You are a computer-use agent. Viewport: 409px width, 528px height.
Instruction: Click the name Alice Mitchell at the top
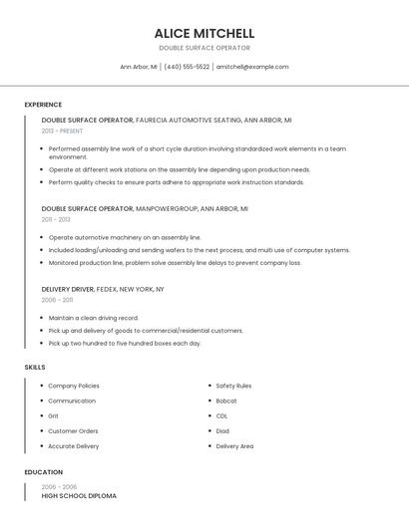click(x=204, y=33)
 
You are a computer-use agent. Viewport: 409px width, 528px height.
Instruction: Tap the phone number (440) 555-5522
click(x=187, y=67)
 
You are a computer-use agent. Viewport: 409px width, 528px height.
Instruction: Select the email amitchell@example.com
click(x=252, y=67)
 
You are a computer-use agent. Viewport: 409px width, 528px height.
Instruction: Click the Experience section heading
click(x=43, y=105)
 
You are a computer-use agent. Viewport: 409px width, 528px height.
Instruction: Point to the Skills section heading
click(x=35, y=368)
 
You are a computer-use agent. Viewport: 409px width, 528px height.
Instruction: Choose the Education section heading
click(x=43, y=472)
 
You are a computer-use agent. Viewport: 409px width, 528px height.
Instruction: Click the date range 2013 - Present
click(x=62, y=131)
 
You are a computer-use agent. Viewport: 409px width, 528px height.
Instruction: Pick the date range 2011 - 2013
click(x=56, y=219)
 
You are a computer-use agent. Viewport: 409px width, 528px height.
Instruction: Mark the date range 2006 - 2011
click(x=57, y=299)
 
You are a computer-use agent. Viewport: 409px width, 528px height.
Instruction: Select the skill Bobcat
click(x=226, y=400)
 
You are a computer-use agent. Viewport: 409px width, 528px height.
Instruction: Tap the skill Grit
click(x=54, y=415)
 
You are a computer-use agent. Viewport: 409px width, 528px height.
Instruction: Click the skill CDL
click(x=221, y=415)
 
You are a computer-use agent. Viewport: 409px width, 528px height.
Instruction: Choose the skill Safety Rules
click(x=233, y=386)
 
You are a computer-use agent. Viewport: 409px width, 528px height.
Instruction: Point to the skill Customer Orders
click(x=73, y=431)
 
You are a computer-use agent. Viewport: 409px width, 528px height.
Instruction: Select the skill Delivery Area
click(x=234, y=446)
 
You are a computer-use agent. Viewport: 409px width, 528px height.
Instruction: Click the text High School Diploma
click(x=79, y=495)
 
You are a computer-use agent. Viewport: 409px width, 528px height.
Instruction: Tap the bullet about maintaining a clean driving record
click(x=93, y=318)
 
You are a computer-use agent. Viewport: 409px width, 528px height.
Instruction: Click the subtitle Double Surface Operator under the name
click(x=204, y=48)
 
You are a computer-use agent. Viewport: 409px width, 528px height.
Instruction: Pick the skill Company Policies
click(x=74, y=386)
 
